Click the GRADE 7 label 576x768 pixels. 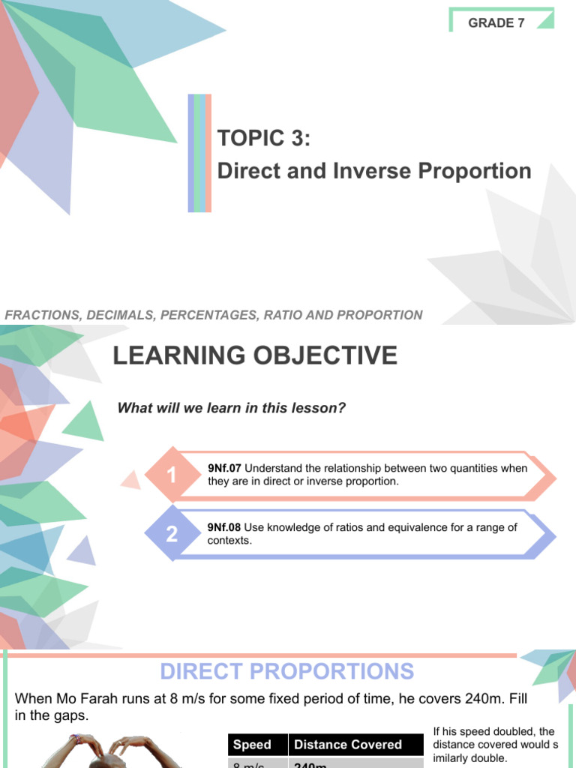tap(496, 22)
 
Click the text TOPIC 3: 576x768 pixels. tap(263, 139)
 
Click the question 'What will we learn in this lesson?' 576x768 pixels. tap(231, 408)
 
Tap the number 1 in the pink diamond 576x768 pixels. tap(172, 475)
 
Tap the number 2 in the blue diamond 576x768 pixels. tap(172, 534)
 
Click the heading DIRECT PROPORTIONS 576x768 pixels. tap(287, 671)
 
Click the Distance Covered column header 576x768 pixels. tap(348, 745)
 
